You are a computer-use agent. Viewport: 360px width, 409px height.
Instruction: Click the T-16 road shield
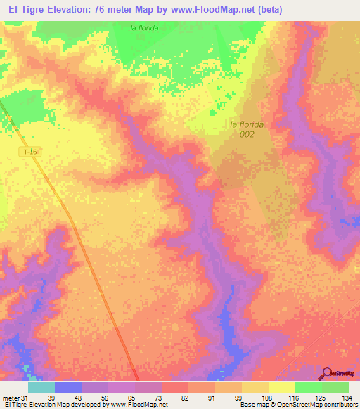(x=27, y=151)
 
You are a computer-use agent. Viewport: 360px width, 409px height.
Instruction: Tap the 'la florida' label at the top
(x=144, y=27)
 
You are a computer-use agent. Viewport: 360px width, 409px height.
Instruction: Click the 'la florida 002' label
(x=247, y=129)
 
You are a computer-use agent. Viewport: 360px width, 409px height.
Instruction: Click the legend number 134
(x=345, y=398)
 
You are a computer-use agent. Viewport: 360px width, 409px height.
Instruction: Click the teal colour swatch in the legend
(x=41, y=387)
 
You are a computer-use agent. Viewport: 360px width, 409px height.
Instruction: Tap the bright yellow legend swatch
(x=281, y=387)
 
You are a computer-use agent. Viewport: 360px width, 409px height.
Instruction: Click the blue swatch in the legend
(x=67, y=387)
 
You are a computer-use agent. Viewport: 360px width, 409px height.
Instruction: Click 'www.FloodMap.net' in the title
(x=212, y=9)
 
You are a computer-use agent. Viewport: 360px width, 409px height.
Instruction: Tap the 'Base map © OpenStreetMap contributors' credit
(x=297, y=405)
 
